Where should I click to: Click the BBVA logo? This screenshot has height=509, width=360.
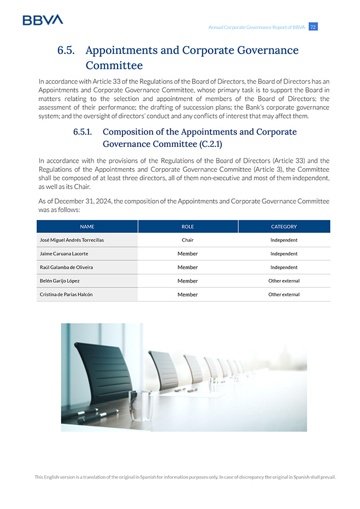(42, 20)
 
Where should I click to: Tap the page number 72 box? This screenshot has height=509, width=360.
(313, 27)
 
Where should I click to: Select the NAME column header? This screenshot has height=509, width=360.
(87, 226)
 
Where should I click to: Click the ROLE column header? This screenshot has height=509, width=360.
(188, 226)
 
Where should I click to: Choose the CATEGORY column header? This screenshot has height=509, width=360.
(284, 226)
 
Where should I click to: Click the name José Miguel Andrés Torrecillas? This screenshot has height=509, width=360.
(72, 240)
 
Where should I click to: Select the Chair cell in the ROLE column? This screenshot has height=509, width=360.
(188, 240)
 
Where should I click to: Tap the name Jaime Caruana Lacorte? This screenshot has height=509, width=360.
(64, 254)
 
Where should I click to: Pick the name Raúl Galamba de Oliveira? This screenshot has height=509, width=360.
(66, 267)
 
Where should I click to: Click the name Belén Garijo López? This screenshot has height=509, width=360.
(60, 281)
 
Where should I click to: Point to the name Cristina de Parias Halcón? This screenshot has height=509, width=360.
(66, 294)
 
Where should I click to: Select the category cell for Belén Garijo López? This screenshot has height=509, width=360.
(284, 281)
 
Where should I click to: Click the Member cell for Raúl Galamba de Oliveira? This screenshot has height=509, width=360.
(188, 267)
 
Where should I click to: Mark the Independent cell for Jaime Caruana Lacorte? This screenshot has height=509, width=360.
(284, 254)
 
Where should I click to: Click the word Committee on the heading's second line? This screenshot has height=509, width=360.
(114, 66)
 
